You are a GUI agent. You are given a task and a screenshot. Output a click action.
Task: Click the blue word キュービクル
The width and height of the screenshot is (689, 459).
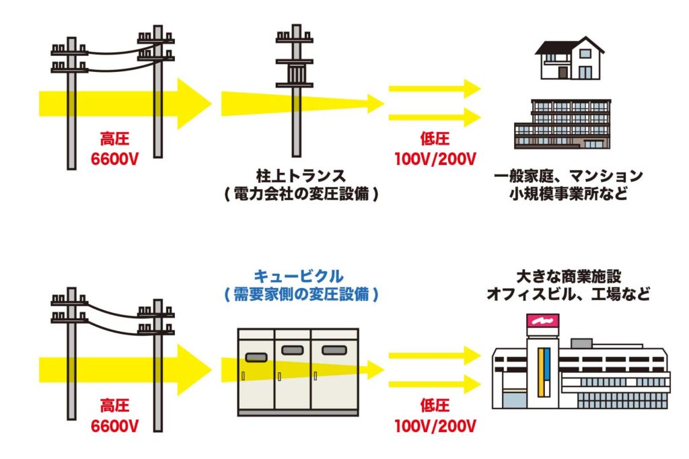tap(298, 276)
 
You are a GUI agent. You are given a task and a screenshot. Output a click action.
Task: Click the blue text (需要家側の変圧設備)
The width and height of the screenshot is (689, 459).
tap(298, 295)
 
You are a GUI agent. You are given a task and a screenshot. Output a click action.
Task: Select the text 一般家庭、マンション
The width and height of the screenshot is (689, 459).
tap(568, 177)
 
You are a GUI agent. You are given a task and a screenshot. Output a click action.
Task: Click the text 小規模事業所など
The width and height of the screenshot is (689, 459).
tap(568, 195)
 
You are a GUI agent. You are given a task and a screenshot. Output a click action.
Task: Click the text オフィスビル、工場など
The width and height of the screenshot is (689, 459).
tap(569, 295)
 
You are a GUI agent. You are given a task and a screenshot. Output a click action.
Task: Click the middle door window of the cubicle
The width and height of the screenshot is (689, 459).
tap(295, 351)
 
